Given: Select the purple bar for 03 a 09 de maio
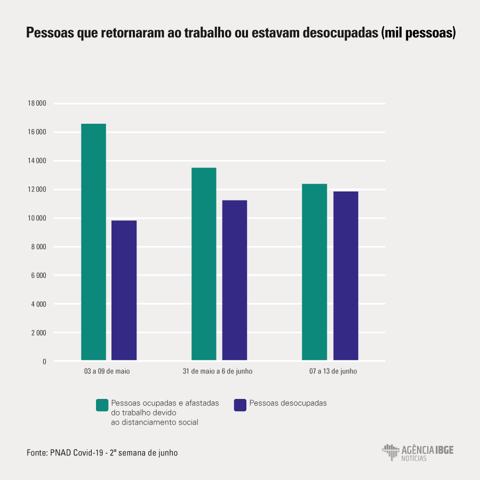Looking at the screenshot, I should (x=124, y=290).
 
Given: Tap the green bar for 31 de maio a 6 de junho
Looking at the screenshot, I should (x=204, y=264).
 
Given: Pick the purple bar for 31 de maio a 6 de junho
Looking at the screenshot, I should (x=235, y=280).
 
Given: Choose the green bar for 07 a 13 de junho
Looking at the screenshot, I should (x=314, y=272).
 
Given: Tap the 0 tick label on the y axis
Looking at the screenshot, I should (x=44, y=362).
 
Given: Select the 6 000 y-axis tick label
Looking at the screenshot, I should (x=38, y=276).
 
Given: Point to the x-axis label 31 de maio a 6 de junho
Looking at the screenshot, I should (x=218, y=371).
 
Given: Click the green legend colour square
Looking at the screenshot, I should (x=102, y=405).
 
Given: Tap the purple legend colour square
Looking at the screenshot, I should (x=240, y=405).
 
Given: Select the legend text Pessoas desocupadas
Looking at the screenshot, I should (x=288, y=403).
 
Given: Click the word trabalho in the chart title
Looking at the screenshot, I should (x=205, y=33).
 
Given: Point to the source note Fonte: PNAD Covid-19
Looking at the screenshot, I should (x=102, y=453).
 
